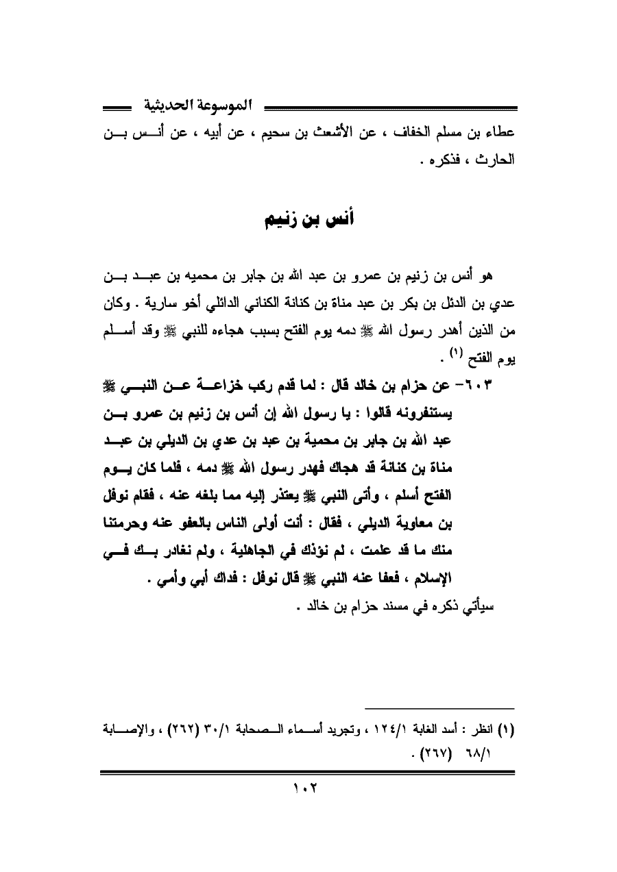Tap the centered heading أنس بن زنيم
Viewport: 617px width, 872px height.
(309, 223)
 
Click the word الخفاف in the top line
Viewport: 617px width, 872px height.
(413, 132)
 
